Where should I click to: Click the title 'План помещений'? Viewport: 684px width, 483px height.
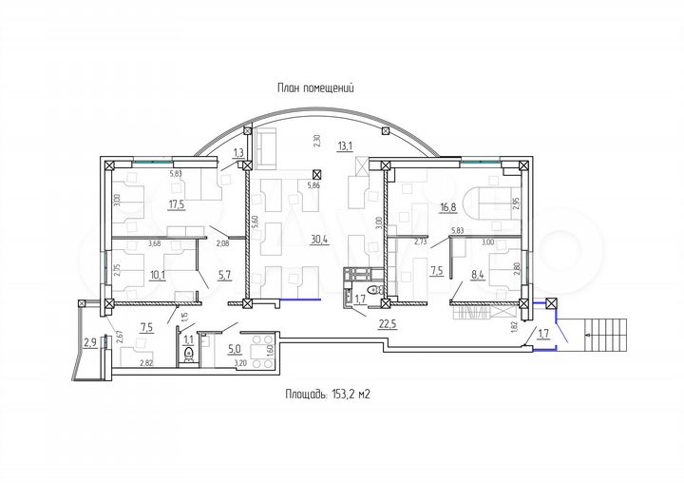[315, 88]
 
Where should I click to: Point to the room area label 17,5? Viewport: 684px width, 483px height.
[177, 203]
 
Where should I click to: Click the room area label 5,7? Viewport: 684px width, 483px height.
[225, 277]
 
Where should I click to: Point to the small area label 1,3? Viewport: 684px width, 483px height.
[238, 153]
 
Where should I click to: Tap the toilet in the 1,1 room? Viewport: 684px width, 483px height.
[188, 356]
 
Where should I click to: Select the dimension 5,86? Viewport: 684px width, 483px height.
[313, 185]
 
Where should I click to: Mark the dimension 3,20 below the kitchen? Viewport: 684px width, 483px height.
[239, 363]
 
